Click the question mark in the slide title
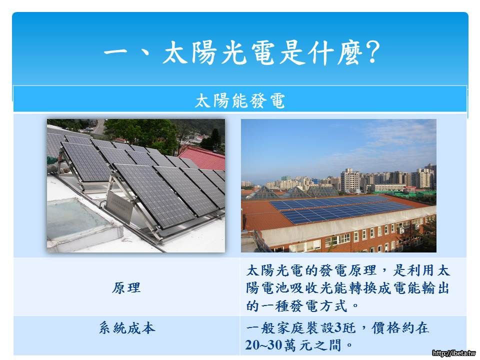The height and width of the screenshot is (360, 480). click(372, 52)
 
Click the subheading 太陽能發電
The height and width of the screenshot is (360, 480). click(240, 100)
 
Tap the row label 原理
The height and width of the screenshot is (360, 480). click(126, 288)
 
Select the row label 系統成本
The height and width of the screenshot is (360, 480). click(127, 328)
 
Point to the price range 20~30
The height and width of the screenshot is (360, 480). click(263, 345)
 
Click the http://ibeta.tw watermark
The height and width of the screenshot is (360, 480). click(454, 353)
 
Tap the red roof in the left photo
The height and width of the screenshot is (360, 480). click(204, 157)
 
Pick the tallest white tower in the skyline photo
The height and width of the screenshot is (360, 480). click(350, 180)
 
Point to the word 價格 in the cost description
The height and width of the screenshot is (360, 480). click(385, 328)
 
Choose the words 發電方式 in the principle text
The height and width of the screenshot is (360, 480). click(318, 305)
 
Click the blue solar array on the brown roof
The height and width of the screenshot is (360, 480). click(340, 209)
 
